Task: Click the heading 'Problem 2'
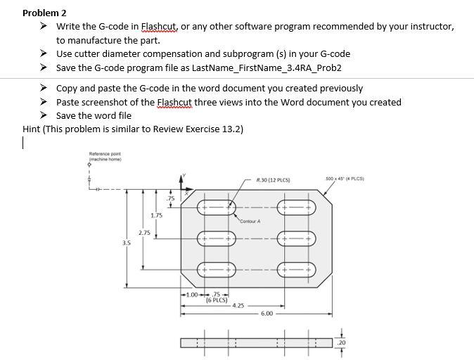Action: [x=44, y=13]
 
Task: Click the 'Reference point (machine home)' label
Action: [x=105, y=156]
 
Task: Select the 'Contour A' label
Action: [x=250, y=221]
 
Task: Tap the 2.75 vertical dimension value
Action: [x=143, y=232]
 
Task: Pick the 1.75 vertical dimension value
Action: [x=157, y=216]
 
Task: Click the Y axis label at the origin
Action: [x=184, y=174]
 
